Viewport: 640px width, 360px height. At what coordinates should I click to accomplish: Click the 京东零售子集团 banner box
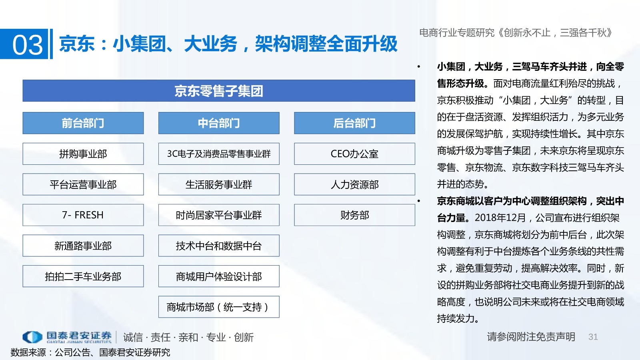(219, 90)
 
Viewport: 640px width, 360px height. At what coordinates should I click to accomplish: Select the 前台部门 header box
(83, 123)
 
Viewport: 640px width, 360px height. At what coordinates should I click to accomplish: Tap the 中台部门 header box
(219, 123)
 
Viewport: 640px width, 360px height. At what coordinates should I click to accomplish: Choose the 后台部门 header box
(354, 123)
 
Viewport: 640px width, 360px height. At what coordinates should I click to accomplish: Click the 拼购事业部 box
(83, 154)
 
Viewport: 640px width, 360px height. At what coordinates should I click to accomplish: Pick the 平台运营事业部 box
(83, 184)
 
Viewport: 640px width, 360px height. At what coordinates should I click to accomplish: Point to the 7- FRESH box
(83, 215)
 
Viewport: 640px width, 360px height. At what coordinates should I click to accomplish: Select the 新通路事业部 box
(83, 246)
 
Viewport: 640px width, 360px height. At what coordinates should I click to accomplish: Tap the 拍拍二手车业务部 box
(83, 276)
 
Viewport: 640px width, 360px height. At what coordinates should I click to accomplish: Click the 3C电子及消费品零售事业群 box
(219, 154)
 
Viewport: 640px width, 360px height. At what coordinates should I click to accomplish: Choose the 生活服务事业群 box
(219, 184)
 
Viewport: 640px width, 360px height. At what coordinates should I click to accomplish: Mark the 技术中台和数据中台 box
(219, 246)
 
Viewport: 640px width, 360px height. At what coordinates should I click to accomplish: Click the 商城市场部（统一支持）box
(219, 307)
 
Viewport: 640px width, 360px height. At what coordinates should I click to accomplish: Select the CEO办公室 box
(354, 154)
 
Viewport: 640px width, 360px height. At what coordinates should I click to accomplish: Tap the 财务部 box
(354, 215)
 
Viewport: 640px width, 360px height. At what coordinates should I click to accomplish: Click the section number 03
(28, 45)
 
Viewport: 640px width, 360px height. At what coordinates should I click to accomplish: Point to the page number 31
(593, 337)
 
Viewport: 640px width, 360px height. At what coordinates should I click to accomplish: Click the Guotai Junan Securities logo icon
(32, 337)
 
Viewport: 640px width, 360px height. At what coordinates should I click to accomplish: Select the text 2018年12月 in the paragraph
(500, 218)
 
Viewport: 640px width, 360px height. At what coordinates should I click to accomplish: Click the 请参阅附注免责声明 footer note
(531, 337)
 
